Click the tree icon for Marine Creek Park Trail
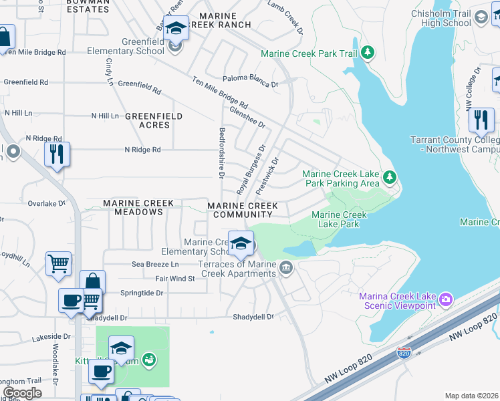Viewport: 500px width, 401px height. [x=367, y=53]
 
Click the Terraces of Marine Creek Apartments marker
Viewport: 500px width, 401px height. [x=286, y=269]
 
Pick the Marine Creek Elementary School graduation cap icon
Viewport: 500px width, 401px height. [x=241, y=243]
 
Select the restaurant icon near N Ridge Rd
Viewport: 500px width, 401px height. [x=57, y=154]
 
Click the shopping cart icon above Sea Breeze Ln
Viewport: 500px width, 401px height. [x=59, y=263]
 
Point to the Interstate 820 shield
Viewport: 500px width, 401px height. [x=403, y=352]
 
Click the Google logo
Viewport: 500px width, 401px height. [x=23, y=393]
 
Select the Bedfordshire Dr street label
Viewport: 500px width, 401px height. [x=221, y=152]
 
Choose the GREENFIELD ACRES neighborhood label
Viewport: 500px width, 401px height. [x=154, y=120]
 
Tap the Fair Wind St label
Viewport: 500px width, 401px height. [x=174, y=278]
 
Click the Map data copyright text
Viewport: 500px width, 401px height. [x=471, y=396]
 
